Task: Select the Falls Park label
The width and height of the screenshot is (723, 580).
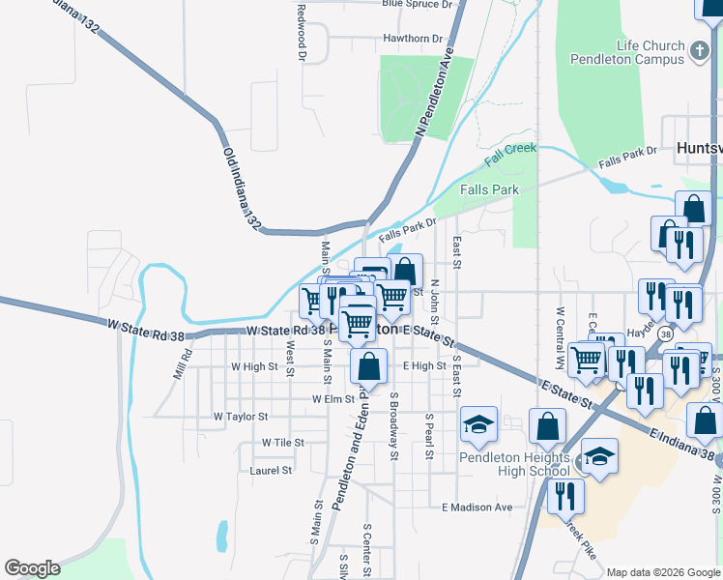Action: click(490, 190)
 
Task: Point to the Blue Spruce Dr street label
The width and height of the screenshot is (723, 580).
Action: click(418, 5)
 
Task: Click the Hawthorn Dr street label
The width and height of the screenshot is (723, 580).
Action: click(413, 40)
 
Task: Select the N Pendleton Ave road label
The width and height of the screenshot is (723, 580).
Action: click(434, 96)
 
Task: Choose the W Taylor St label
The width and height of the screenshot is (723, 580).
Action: click(240, 417)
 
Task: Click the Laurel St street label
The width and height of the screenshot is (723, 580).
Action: click(271, 471)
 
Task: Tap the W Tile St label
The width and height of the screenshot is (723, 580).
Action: click(283, 443)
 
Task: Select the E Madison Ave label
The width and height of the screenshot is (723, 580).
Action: click(477, 507)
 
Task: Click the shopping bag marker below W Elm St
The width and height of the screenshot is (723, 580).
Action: click(368, 367)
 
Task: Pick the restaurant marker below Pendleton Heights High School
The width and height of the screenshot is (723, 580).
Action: click(565, 497)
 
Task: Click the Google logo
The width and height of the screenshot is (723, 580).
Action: click(32, 568)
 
